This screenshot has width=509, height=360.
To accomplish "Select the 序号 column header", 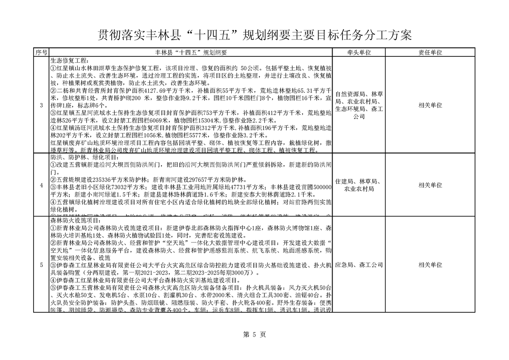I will [x=41, y=53].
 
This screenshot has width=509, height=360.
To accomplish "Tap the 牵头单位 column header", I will [x=359, y=53].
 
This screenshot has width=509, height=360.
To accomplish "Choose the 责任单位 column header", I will [x=430, y=53].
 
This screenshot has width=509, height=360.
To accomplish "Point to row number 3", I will [x=41, y=105].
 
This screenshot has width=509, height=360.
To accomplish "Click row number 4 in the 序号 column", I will [x=41, y=185].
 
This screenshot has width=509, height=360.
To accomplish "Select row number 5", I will [x=41, y=265].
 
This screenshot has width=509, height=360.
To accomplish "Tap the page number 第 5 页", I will [x=254, y=335].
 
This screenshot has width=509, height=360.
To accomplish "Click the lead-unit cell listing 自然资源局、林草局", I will [x=359, y=105].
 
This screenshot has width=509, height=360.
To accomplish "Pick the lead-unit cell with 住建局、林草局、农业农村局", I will [x=359, y=185].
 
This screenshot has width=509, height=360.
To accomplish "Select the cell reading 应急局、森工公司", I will [x=359, y=265].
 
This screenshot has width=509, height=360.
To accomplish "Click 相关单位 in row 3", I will [x=430, y=105].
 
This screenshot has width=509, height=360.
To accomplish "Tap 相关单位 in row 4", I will [x=430, y=185].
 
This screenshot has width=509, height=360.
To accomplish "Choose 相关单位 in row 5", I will [x=430, y=265].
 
